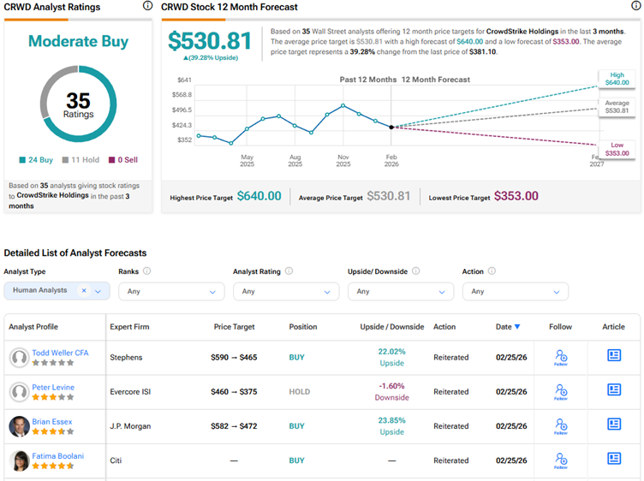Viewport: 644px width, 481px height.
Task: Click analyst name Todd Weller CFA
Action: click(x=59, y=353)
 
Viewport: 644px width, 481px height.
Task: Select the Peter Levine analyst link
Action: click(x=53, y=387)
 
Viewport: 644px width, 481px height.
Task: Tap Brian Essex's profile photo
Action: click(x=19, y=426)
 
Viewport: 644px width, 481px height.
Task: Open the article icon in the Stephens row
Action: click(x=614, y=356)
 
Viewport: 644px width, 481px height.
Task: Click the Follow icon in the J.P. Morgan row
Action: click(x=560, y=426)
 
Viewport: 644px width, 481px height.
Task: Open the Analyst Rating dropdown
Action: click(x=285, y=291)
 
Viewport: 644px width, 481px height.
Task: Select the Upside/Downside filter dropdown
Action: click(x=400, y=291)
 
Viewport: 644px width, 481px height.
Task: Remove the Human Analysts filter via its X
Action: click(x=84, y=291)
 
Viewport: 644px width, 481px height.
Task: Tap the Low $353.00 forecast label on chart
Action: click(x=617, y=149)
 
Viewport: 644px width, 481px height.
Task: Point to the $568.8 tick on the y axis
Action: click(x=182, y=94)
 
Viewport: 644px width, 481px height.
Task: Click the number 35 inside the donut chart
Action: click(x=78, y=100)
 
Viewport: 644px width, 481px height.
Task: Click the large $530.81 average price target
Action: click(x=210, y=41)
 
